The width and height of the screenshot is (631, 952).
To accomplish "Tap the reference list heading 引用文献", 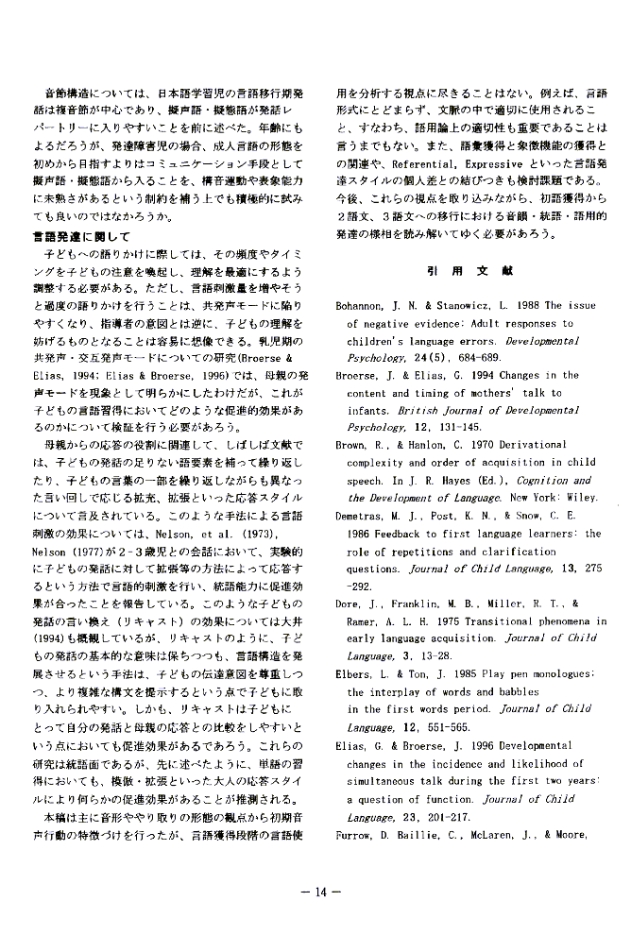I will click(x=469, y=270).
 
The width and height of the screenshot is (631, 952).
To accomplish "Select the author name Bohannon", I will click(x=364, y=306).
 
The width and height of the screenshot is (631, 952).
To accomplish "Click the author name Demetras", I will click(x=364, y=516).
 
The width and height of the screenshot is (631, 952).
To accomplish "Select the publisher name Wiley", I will click(x=581, y=498).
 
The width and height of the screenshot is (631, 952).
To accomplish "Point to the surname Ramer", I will click(x=364, y=620).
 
